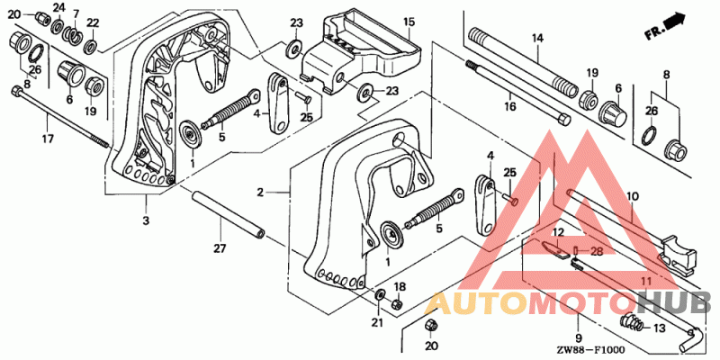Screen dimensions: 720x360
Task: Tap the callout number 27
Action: click(220, 248)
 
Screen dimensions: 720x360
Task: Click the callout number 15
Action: click(409, 22)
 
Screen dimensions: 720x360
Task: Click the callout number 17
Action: click(48, 139)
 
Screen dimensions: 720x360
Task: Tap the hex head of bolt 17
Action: click(16, 91)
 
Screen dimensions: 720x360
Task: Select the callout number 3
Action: click(146, 220)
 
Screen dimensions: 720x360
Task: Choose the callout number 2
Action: click(260, 193)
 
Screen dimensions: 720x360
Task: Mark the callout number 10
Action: click(633, 196)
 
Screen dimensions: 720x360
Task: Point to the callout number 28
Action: click(596, 251)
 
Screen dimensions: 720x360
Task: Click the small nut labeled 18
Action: click(398, 304)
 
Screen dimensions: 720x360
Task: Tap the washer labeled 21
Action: click(380, 295)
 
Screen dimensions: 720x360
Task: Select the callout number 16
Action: click(509, 107)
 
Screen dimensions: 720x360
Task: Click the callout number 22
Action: click(93, 23)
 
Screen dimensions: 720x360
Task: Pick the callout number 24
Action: click(58, 7)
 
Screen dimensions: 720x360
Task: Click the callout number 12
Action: click(557, 232)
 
